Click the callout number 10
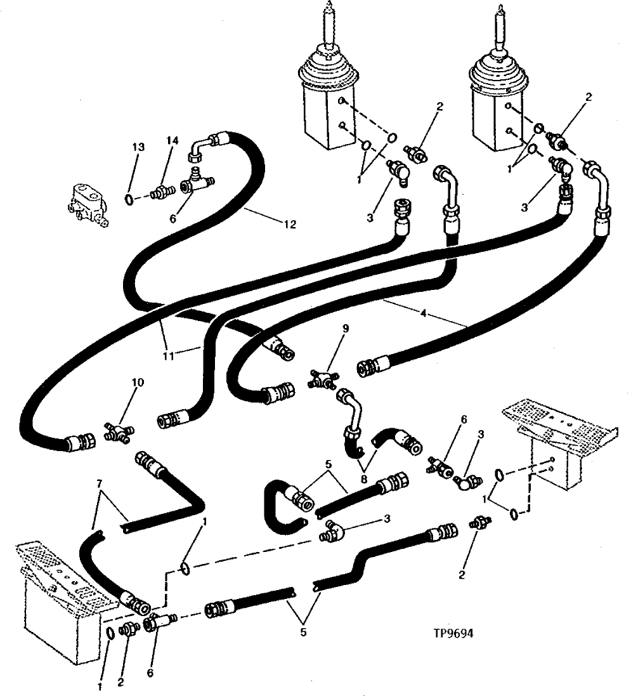point(138,383)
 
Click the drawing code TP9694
point(455,633)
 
